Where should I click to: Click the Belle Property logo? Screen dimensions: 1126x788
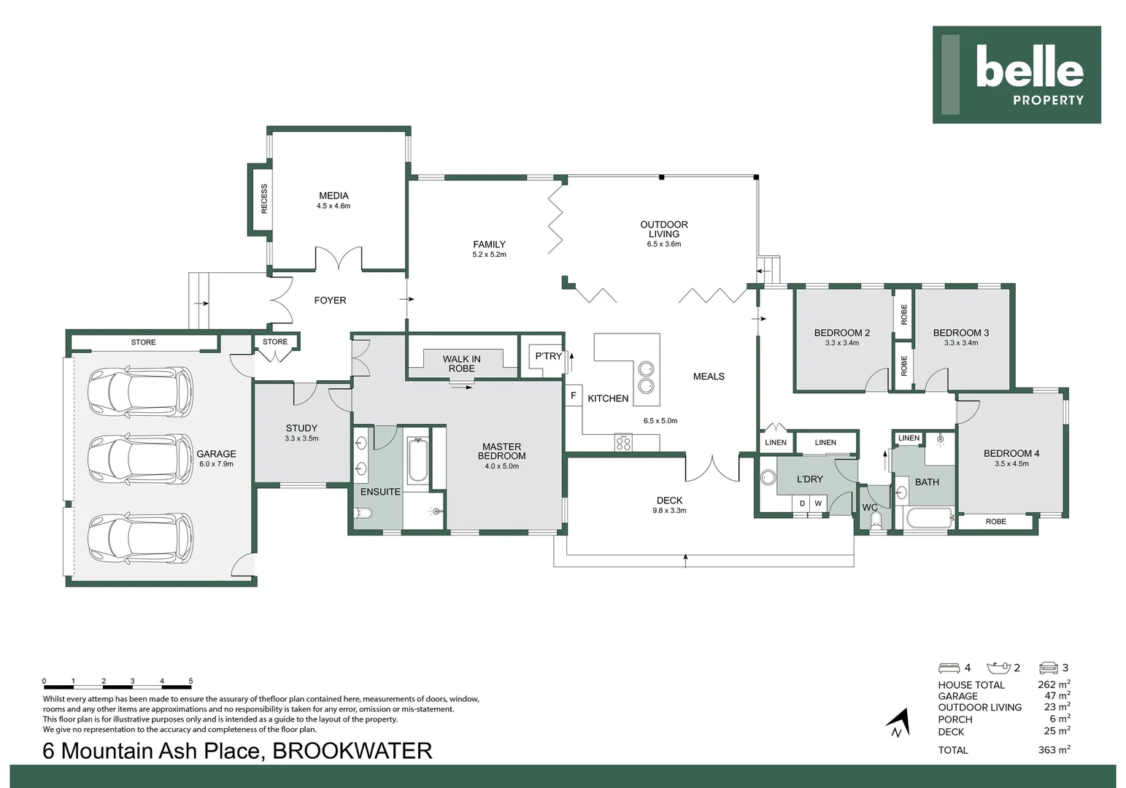click(x=1017, y=75)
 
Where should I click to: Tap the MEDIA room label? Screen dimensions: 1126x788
click(x=333, y=196)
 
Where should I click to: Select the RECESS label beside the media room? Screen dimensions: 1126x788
click(x=264, y=199)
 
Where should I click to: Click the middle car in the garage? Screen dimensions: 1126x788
click(x=140, y=458)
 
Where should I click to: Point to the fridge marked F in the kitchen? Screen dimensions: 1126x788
click(x=574, y=395)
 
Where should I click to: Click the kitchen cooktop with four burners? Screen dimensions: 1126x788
click(x=623, y=441)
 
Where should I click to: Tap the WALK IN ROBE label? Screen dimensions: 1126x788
click(x=461, y=363)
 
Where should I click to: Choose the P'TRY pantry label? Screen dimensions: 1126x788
click(x=549, y=356)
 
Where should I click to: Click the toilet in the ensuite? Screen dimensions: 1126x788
click(x=363, y=513)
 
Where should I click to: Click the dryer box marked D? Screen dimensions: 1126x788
click(x=802, y=503)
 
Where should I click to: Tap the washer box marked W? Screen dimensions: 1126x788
click(x=818, y=503)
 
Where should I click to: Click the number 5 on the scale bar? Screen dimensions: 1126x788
click(x=190, y=681)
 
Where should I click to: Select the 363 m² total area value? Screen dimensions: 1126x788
click(x=1054, y=750)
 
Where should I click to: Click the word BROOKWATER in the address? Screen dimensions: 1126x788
click(x=352, y=751)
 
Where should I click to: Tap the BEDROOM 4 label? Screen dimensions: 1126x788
click(x=1011, y=453)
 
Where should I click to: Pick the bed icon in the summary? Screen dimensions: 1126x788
click(x=949, y=668)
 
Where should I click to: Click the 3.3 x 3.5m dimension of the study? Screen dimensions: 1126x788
click(x=301, y=439)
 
